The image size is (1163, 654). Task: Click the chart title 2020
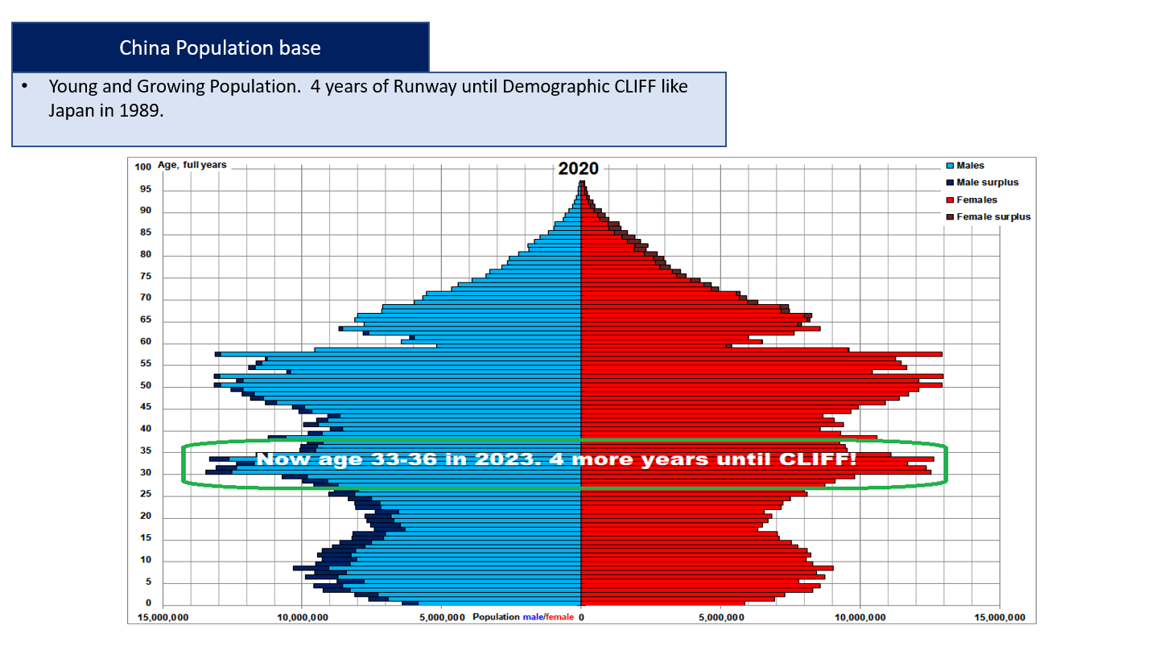pyautogui.click(x=578, y=169)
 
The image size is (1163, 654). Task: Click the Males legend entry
pyautogui.click(x=965, y=166)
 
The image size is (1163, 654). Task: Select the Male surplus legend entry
pyautogui.click(x=983, y=183)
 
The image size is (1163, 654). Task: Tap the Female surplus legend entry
pyautogui.click(x=988, y=217)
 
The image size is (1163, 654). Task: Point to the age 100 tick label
pyautogui.click(x=142, y=167)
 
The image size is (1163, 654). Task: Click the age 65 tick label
pyautogui.click(x=146, y=319)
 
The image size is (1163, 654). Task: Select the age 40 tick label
pyautogui.click(x=146, y=429)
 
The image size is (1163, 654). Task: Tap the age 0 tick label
pyautogui.click(x=148, y=603)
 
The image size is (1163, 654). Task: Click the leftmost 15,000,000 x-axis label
pyautogui.click(x=163, y=618)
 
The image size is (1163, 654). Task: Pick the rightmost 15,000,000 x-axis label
pyautogui.click(x=1000, y=618)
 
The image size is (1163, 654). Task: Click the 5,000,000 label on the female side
pyautogui.click(x=720, y=618)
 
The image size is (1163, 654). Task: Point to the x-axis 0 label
pyautogui.click(x=581, y=618)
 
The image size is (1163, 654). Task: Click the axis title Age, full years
pyautogui.click(x=192, y=165)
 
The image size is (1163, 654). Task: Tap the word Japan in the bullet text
pyautogui.click(x=71, y=111)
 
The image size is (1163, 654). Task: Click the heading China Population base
pyautogui.click(x=221, y=47)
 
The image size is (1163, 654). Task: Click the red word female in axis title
pyautogui.click(x=559, y=617)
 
